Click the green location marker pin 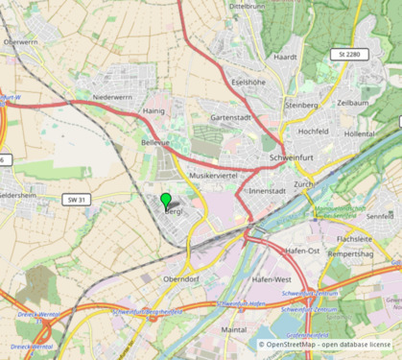(166, 201)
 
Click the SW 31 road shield (76, 200)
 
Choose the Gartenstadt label (230, 117)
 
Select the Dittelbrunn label (242, 6)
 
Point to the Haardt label (285, 57)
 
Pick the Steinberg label (301, 105)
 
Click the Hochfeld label (314, 131)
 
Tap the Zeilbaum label (353, 102)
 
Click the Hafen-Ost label (301, 250)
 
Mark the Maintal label (234, 329)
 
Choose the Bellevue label (154, 142)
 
